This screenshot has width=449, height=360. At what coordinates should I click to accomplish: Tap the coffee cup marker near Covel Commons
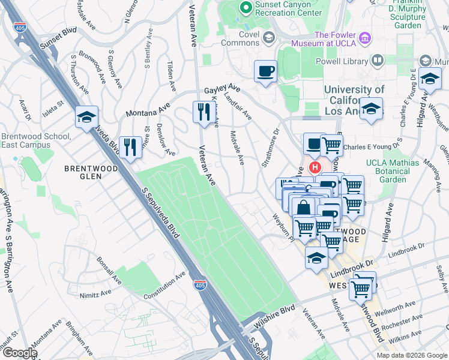tap(265, 72)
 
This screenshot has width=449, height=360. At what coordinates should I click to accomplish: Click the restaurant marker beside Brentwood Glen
tap(130, 146)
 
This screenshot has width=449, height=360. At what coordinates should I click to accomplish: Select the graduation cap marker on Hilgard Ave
tap(430, 79)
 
